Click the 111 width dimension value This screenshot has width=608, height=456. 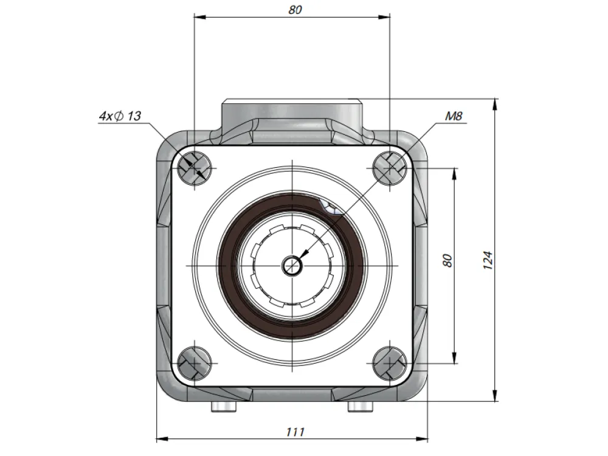point(295,432)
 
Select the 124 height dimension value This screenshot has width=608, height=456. point(488,261)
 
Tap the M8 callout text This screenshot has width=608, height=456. point(454,116)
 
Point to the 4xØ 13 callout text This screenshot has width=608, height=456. point(120,116)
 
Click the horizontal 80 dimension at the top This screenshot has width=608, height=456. point(295,10)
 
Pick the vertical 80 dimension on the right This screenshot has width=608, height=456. point(447,261)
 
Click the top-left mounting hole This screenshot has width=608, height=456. point(195,168)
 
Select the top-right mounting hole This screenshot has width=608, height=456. point(390,168)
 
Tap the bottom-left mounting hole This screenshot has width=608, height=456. point(195,364)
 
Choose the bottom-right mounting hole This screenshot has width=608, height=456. point(390,364)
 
